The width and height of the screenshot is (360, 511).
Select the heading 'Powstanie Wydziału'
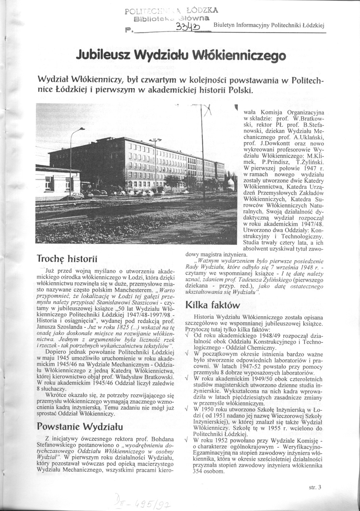click(x=80, y=426)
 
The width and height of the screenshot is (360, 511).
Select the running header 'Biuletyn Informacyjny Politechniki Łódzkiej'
click(x=269, y=26)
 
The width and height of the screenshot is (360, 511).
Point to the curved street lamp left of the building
click(x=72, y=158)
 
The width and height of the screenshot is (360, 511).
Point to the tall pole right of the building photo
click(x=203, y=151)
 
